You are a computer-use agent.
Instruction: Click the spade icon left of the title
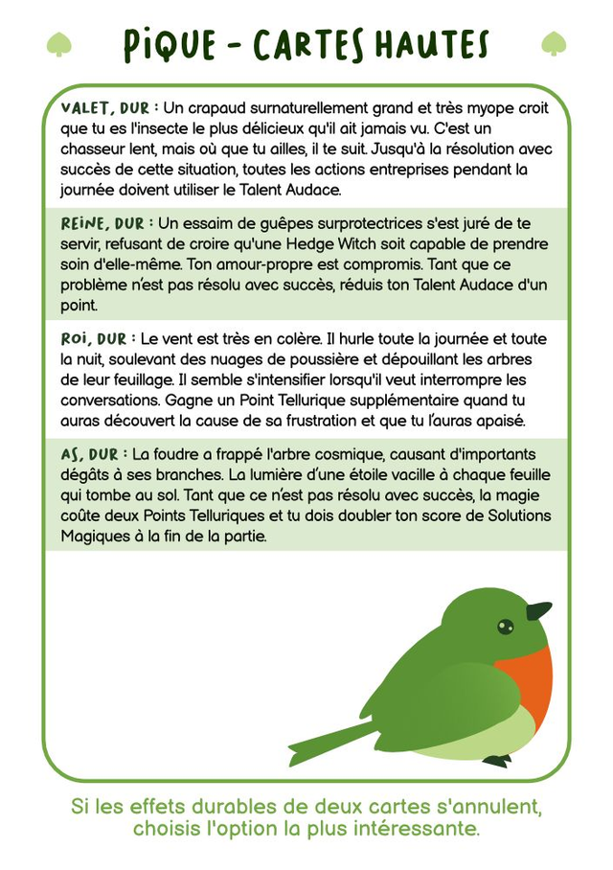tap(59, 44)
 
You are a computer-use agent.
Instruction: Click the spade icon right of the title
tap(554, 44)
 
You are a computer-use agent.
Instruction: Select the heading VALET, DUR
tap(104, 108)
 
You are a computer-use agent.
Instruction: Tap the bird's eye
tap(505, 627)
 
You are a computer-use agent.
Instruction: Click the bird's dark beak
tap(538, 610)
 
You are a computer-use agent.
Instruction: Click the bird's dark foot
tap(496, 761)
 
